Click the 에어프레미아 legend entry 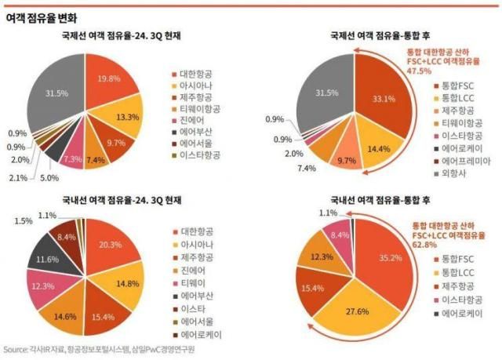[464, 160]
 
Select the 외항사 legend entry [453, 175]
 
